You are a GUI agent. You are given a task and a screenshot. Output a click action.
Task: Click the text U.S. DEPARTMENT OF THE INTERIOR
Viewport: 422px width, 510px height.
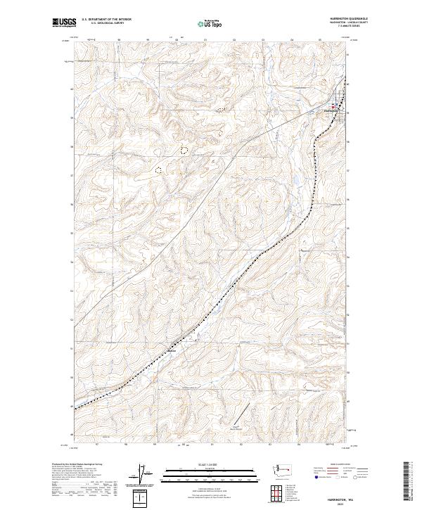[106, 19]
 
